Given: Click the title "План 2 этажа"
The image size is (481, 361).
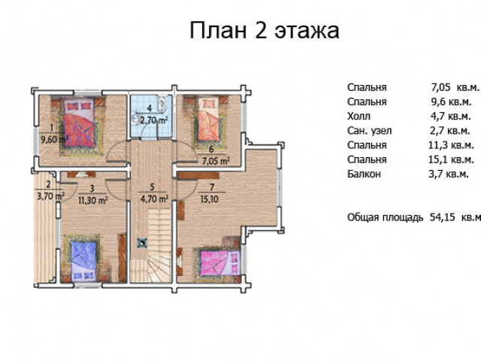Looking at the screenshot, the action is click(x=265, y=30).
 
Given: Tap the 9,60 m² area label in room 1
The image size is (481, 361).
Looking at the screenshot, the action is click(x=55, y=140).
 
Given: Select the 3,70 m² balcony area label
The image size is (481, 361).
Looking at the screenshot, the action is click(x=50, y=196).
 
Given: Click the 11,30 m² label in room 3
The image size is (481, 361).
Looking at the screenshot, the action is click(x=92, y=200).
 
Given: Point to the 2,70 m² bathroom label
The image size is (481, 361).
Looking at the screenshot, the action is click(x=154, y=120).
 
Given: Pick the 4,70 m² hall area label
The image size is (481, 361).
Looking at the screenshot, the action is click(x=154, y=199).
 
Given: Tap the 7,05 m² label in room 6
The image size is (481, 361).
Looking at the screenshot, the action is click(x=216, y=161).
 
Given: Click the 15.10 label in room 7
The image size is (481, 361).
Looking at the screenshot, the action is click(x=210, y=199).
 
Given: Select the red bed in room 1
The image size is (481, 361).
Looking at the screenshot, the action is click(x=79, y=122).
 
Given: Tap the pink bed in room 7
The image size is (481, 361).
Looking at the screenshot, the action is click(x=220, y=263).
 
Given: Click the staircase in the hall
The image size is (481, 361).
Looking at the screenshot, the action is click(x=159, y=246).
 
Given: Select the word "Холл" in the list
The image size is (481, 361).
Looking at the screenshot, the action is click(x=358, y=117).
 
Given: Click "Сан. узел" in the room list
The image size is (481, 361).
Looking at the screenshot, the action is click(x=369, y=131).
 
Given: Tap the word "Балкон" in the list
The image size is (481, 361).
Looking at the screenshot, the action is click(x=364, y=174).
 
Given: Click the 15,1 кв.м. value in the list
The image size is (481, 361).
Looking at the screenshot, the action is click(x=451, y=159).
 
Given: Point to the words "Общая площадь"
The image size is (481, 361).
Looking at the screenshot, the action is click(x=386, y=217).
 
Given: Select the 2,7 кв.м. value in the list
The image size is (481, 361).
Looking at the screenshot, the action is click(x=450, y=131).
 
